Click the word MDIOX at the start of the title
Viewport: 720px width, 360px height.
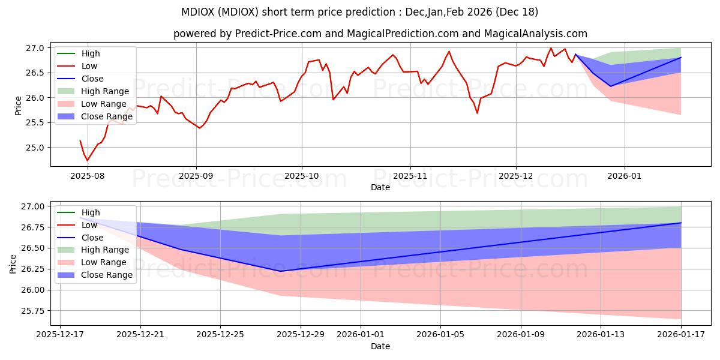[199, 12]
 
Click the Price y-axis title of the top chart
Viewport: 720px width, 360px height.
[18, 105]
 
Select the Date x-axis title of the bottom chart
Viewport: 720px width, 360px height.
[380, 346]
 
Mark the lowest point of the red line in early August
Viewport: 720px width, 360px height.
[87, 160]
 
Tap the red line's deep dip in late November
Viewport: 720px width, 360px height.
[478, 113]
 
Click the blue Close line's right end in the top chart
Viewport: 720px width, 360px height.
[681, 58]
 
